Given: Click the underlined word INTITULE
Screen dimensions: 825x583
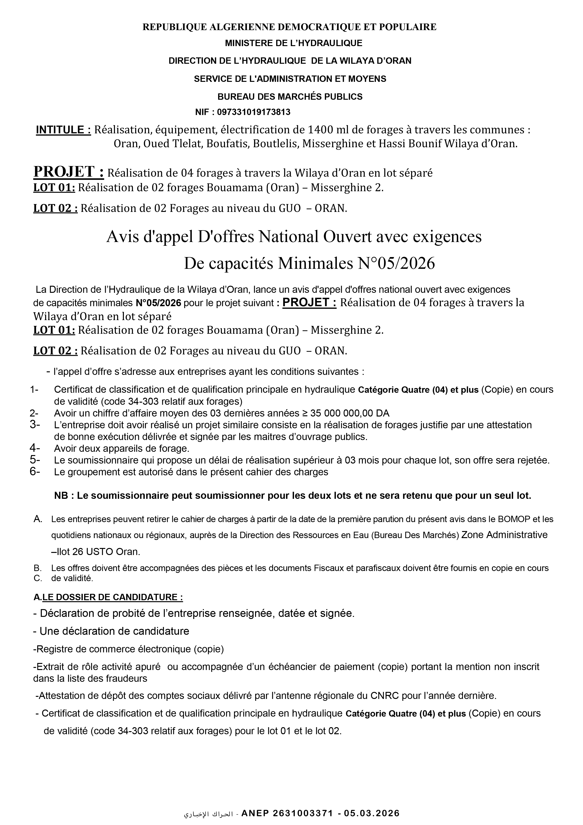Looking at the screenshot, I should click(x=63, y=130).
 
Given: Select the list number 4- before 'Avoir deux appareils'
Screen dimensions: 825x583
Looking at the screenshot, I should click(x=35, y=448).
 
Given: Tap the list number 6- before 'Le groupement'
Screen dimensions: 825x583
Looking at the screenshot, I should click(x=35, y=472).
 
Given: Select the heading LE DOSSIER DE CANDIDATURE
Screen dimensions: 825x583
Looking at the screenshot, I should click(x=112, y=597).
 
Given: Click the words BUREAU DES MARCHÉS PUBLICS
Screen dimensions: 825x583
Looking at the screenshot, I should click(x=290, y=97).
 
